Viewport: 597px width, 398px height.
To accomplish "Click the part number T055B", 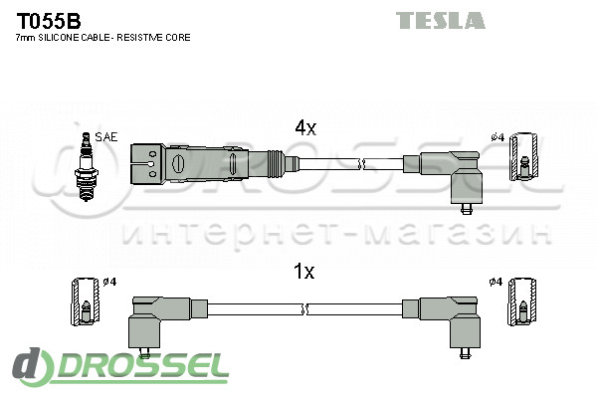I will point(48,20).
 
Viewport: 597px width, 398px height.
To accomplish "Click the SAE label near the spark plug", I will point(105,137).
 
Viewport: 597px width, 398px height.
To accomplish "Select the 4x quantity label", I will point(304,127).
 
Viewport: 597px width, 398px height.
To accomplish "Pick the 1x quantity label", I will point(304,272).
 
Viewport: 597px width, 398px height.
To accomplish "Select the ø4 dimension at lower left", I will point(109,282).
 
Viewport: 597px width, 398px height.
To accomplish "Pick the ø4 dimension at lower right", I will point(496,282).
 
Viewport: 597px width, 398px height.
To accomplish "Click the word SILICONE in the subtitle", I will point(68,37).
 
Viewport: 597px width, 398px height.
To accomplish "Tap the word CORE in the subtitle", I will point(178,37).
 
